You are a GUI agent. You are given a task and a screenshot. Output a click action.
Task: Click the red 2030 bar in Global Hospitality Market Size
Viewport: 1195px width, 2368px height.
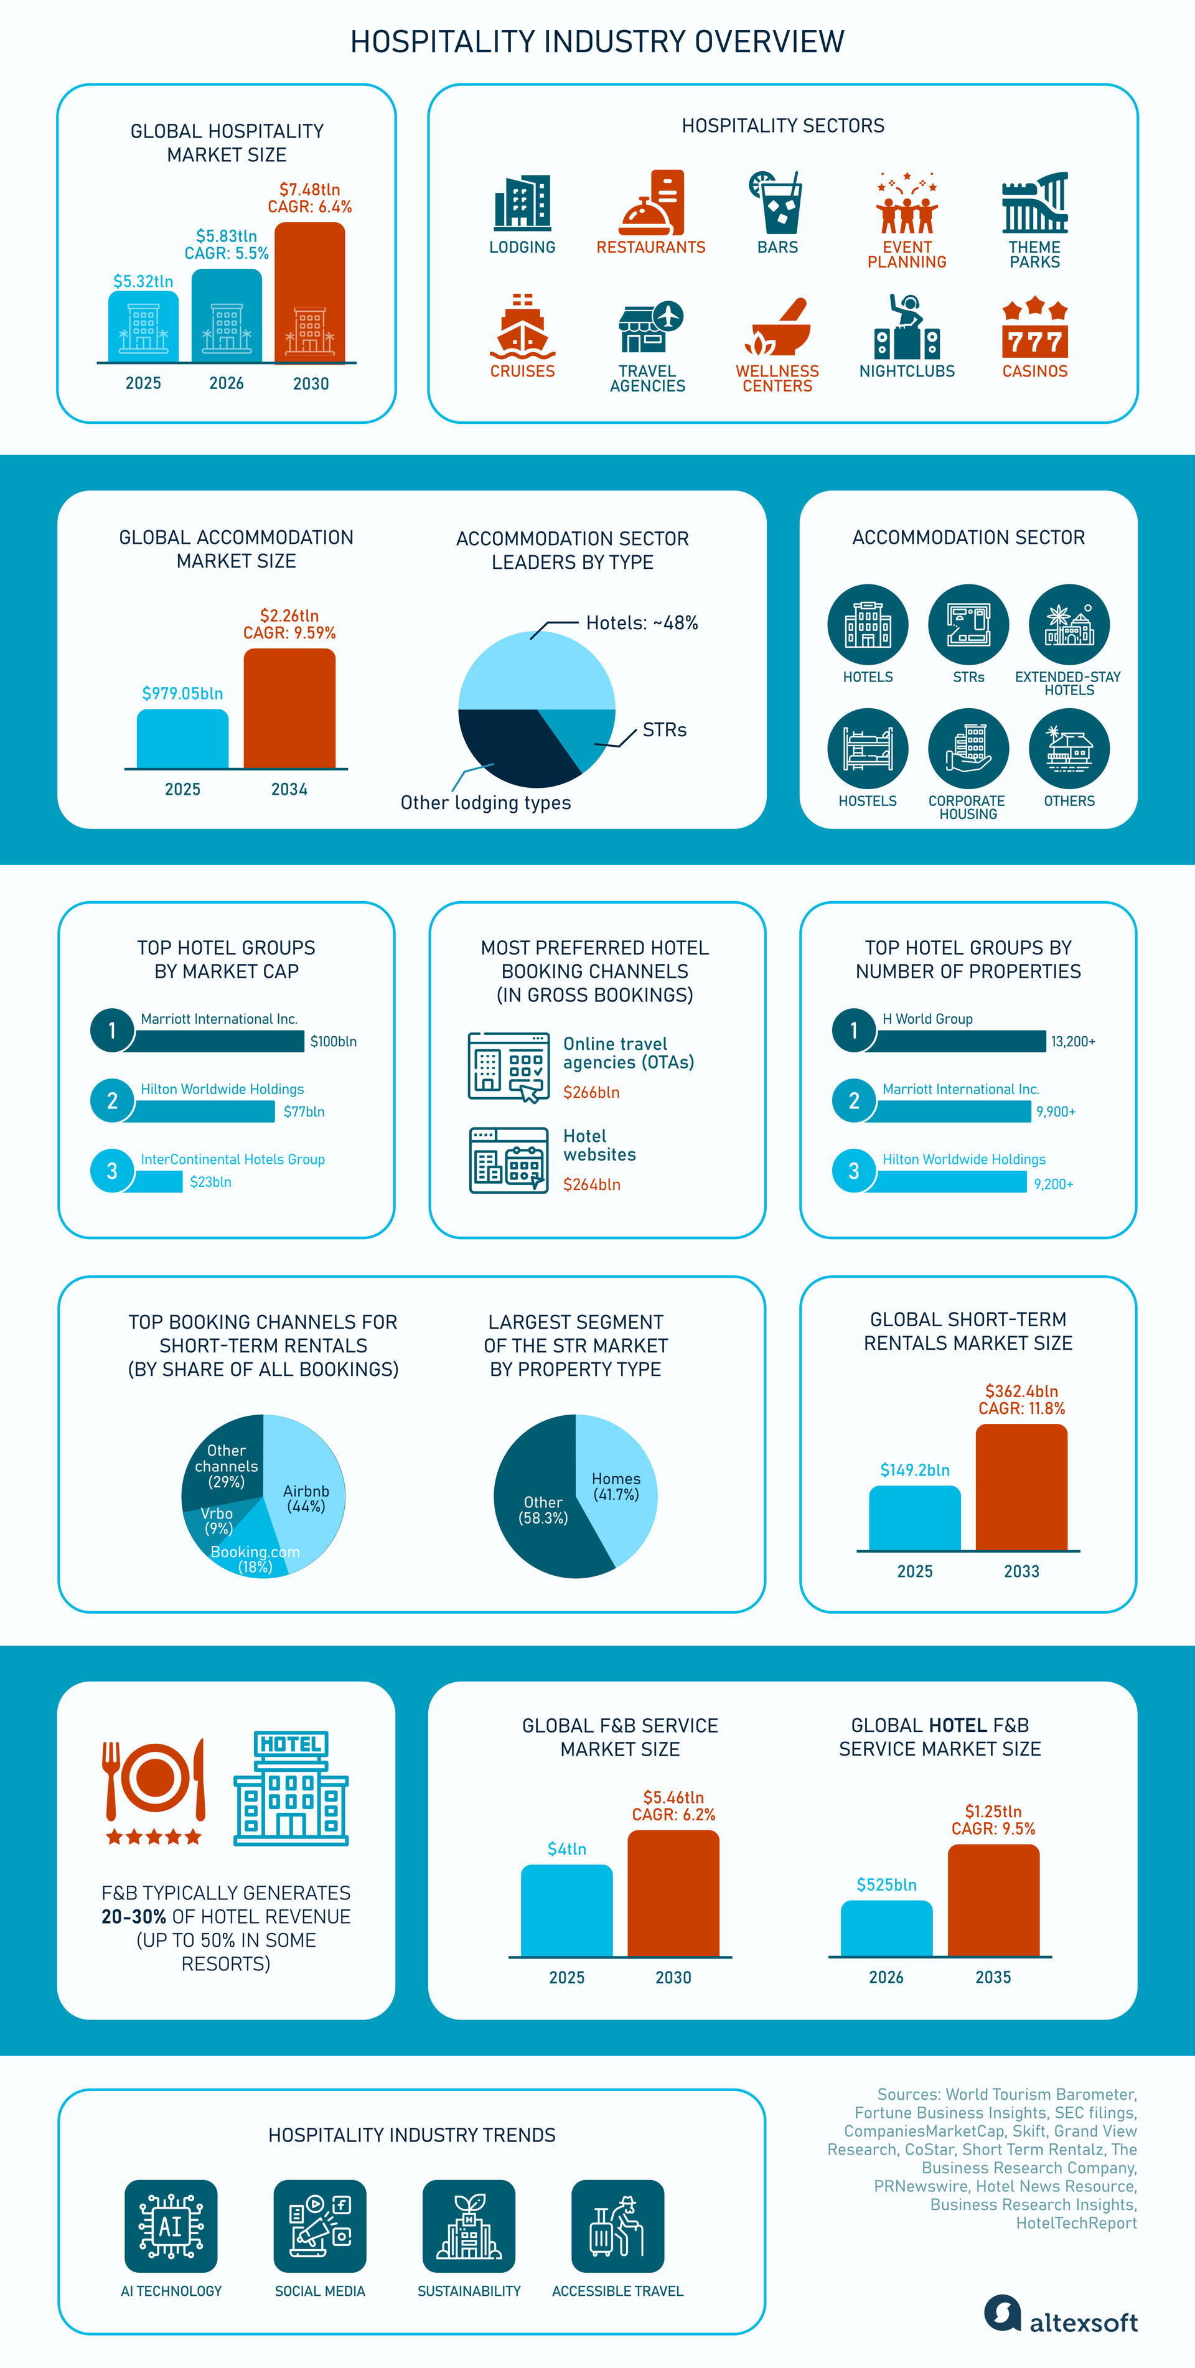310,292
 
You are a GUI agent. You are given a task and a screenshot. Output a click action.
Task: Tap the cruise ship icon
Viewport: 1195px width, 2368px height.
522,325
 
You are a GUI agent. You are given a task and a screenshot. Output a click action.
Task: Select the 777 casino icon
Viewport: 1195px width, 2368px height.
1035,326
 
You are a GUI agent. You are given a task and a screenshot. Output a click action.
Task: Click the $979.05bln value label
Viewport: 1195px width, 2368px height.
182,693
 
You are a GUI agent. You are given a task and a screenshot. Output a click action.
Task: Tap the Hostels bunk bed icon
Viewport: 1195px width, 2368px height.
868,748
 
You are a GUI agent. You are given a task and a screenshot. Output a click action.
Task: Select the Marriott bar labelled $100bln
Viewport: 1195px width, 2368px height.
219,1041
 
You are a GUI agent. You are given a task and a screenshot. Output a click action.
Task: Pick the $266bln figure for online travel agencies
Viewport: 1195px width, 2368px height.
591,1092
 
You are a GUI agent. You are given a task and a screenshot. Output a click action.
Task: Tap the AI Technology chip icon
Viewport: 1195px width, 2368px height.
171,2225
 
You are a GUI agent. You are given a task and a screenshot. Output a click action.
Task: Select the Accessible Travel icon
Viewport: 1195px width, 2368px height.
617,2225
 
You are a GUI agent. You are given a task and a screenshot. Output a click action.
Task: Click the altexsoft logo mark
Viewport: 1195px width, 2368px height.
1003,2313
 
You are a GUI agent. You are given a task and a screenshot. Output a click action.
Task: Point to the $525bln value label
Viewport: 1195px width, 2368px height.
886,1884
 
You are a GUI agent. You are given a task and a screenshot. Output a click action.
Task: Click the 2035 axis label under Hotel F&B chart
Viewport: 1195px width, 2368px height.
993,1977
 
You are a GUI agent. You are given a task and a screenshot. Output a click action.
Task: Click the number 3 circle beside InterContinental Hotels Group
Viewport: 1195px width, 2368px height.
112,1170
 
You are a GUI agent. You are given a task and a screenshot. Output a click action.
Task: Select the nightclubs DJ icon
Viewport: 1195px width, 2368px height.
907,326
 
